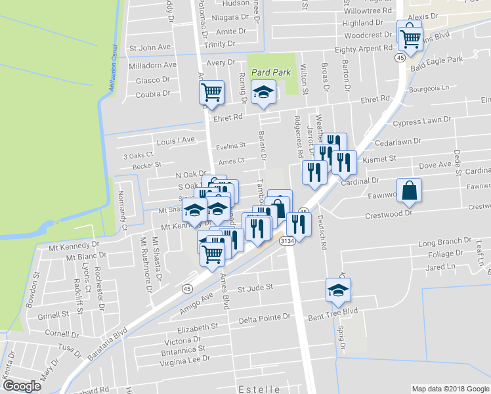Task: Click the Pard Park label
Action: tap(270, 72)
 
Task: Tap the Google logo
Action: tap(22, 386)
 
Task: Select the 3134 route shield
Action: tap(286, 242)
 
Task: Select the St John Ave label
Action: tap(150, 47)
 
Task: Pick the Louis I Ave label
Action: tap(176, 140)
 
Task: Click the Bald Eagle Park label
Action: tap(437, 60)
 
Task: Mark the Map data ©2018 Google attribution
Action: tap(450, 389)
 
